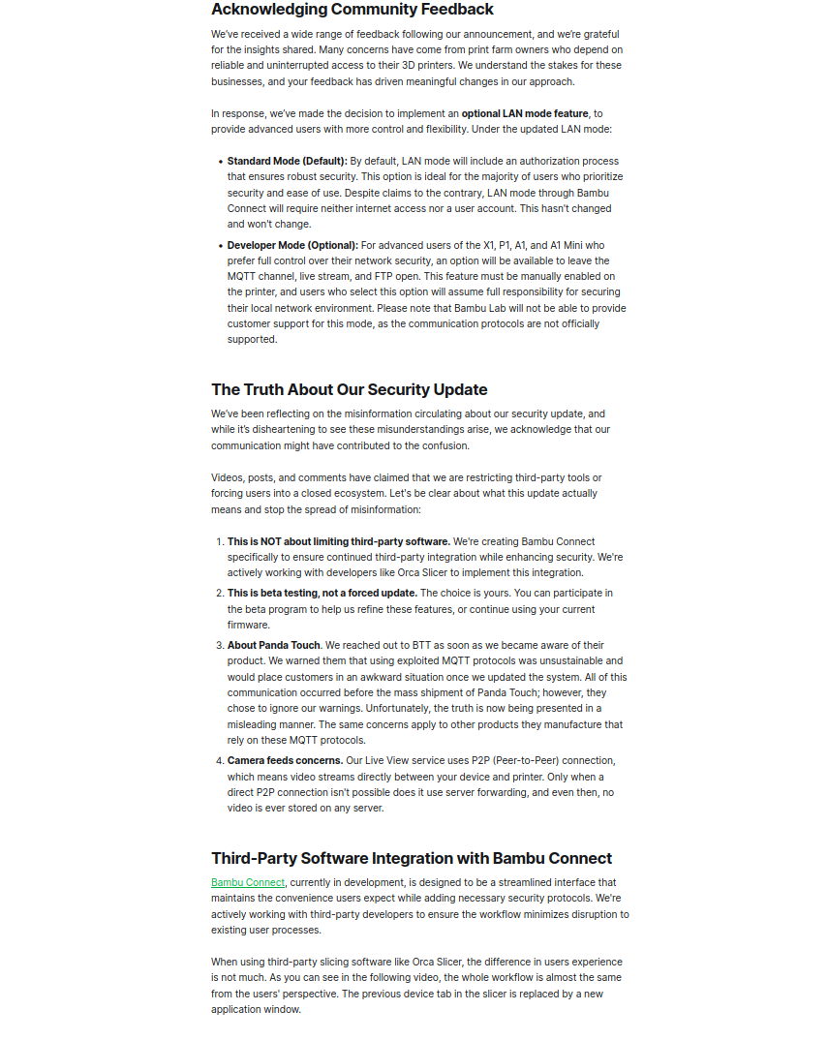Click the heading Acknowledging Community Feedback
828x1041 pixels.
coord(353,10)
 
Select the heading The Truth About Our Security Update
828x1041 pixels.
coord(350,390)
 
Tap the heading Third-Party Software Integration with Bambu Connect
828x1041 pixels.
coord(412,858)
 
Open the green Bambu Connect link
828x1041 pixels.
coord(248,882)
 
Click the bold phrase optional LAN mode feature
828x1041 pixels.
coord(525,114)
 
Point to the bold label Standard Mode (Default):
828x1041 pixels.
coord(288,162)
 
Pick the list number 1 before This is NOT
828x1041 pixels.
coord(219,542)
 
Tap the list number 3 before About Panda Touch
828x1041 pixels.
coord(219,645)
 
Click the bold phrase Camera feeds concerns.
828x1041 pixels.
coord(286,760)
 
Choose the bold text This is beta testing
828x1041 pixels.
coord(290,593)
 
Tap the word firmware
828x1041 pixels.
coord(249,625)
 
